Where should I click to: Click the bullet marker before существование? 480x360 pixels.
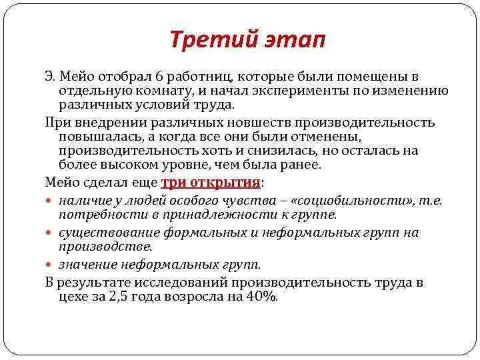tap(52, 233)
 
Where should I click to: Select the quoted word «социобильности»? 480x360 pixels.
tap(345, 200)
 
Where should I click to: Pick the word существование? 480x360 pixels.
tap(101, 233)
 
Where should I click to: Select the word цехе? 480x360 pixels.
tap(73, 297)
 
